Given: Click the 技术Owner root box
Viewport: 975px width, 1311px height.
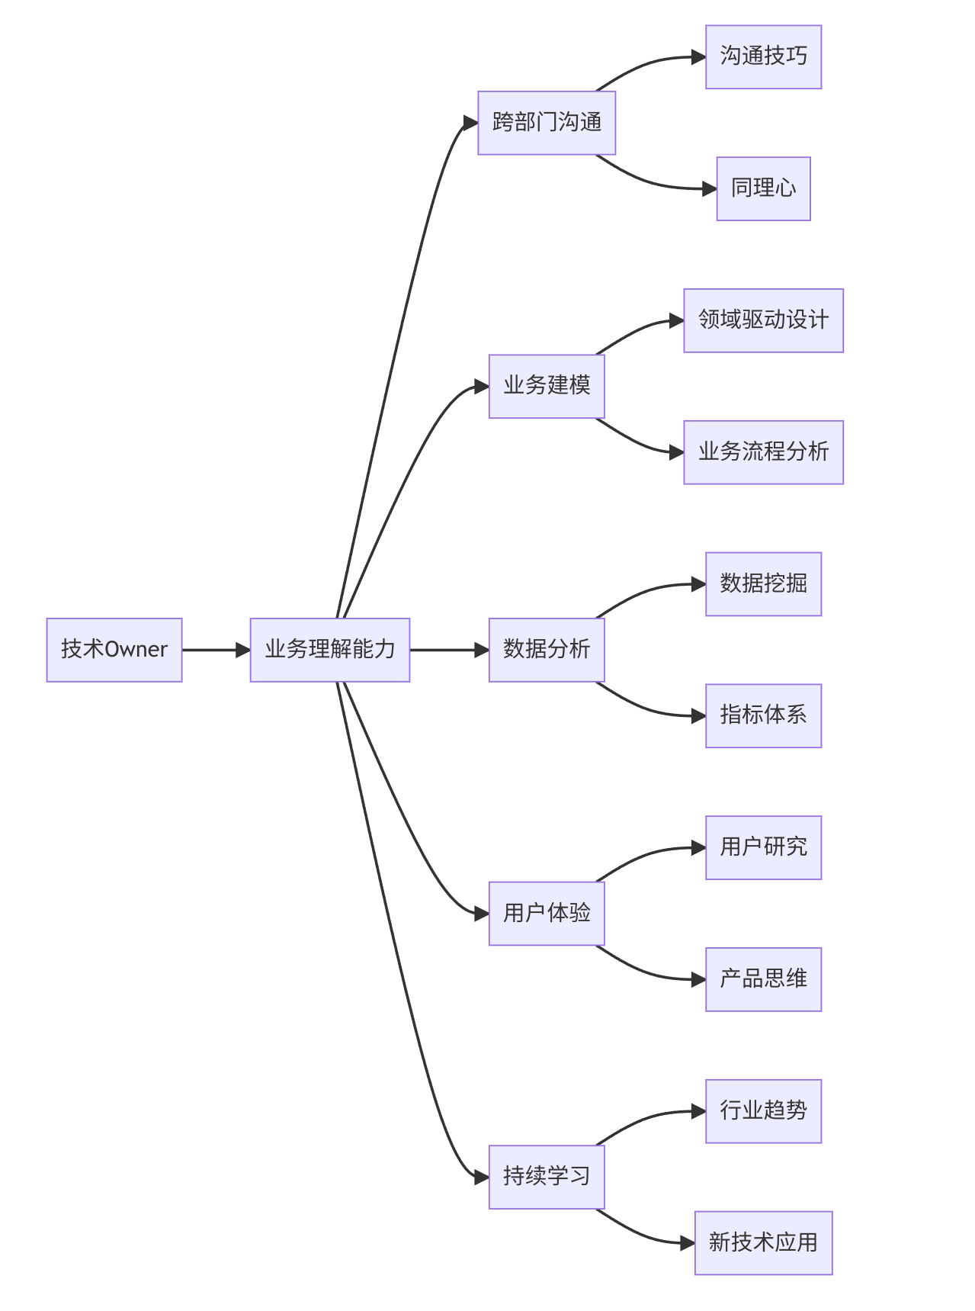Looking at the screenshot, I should click(114, 650).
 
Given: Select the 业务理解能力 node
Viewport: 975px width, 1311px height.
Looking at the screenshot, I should click(329, 650).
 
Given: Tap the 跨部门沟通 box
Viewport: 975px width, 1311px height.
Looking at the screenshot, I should click(546, 123).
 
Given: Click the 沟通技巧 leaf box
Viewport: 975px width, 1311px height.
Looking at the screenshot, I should click(763, 57).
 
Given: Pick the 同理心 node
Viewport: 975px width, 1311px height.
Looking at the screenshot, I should click(763, 188).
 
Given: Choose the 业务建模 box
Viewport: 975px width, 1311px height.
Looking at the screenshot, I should click(546, 386).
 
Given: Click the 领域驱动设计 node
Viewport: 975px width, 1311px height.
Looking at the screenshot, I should click(763, 320).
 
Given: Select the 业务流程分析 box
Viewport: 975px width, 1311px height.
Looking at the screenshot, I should click(763, 452).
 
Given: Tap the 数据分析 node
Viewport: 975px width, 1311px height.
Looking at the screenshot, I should click(546, 650).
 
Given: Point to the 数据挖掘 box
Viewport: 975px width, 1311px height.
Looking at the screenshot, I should click(763, 584).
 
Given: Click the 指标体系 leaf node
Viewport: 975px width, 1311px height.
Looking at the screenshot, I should click(763, 715).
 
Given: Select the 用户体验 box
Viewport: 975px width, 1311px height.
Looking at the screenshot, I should click(546, 913).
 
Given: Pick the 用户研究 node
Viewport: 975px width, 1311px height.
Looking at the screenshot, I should click(763, 847).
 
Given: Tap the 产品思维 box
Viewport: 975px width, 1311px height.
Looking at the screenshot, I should click(763, 979).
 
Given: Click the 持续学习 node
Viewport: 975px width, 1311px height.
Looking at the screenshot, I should click(546, 1177).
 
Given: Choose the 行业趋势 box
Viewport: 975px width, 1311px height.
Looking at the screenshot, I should click(763, 1111).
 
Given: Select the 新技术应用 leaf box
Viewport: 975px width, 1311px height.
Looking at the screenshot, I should click(763, 1242).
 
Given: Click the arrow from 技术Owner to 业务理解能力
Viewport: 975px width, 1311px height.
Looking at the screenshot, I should click(216, 650).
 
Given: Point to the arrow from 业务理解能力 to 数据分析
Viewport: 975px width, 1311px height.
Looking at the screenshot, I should click(449, 650).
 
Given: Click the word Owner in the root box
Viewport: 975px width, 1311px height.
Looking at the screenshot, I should click(136, 650).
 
